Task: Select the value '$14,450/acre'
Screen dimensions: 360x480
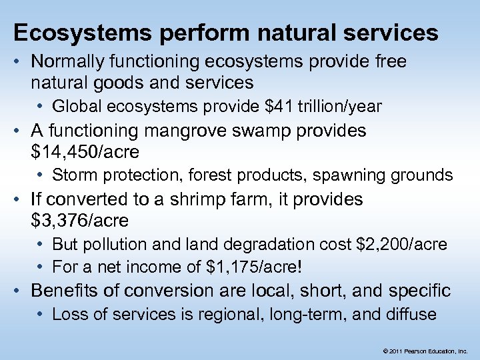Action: coord(85,153)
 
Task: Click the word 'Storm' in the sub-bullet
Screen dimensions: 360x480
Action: coord(71,176)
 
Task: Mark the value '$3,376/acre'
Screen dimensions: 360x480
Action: coord(80,221)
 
